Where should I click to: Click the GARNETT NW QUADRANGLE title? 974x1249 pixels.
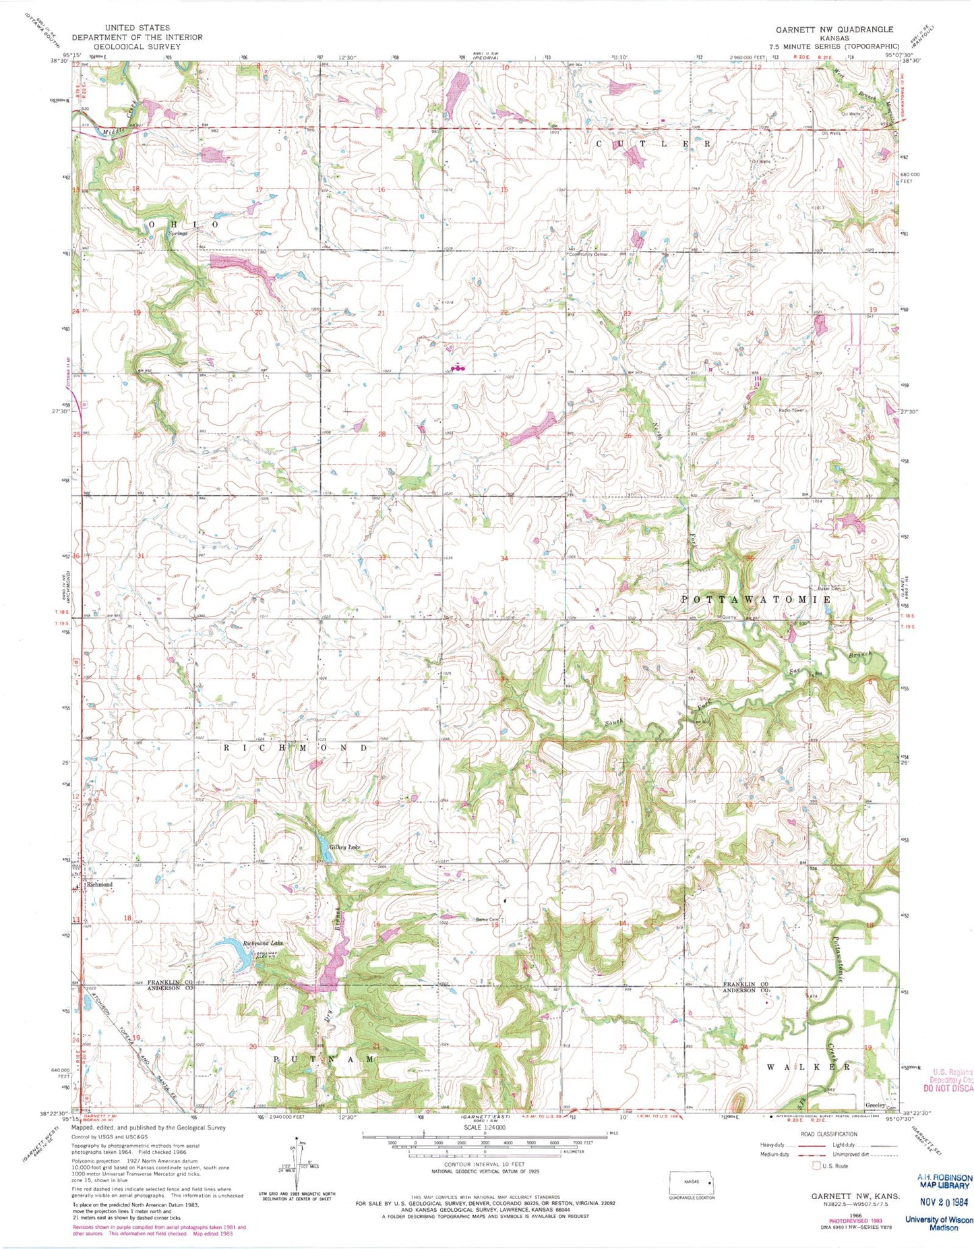pyautogui.click(x=834, y=30)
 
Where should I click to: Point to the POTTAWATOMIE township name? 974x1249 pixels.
pyautogui.click(x=755, y=600)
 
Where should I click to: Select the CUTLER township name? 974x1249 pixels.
pyautogui.click(x=652, y=144)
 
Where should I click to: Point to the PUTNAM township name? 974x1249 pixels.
pyautogui.click(x=324, y=1059)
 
